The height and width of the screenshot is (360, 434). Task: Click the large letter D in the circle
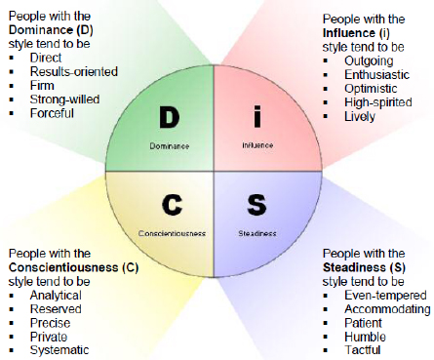[x=170, y=117]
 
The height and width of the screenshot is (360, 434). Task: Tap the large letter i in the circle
[x=257, y=117]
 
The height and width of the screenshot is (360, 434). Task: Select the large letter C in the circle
[x=172, y=205]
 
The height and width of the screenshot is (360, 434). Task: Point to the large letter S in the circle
[x=256, y=205]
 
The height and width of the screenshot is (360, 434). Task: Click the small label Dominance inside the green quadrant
[x=170, y=146]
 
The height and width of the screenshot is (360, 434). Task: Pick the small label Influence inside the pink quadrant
[x=257, y=145]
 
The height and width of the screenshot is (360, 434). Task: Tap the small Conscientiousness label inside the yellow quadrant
[x=172, y=233]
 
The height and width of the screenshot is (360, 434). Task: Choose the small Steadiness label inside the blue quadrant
[x=257, y=233]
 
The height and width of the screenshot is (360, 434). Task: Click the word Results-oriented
[x=74, y=71]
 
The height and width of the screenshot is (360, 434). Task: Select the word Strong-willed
[x=64, y=100]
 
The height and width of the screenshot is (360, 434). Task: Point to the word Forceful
[x=52, y=113]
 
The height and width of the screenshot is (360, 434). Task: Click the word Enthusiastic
[x=376, y=75]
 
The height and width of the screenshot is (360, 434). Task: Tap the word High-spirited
[x=378, y=102]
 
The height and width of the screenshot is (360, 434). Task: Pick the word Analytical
[x=56, y=296]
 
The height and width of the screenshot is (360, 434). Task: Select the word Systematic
[x=59, y=350]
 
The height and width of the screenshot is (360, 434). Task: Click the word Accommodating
[x=387, y=309]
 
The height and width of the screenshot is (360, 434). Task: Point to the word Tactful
[x=363, y=350]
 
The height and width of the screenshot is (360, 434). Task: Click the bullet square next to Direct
[x=12, y=58]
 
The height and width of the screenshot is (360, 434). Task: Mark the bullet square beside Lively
[x=326, y=116]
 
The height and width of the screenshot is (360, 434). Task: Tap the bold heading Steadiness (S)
[x=364, y=267]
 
